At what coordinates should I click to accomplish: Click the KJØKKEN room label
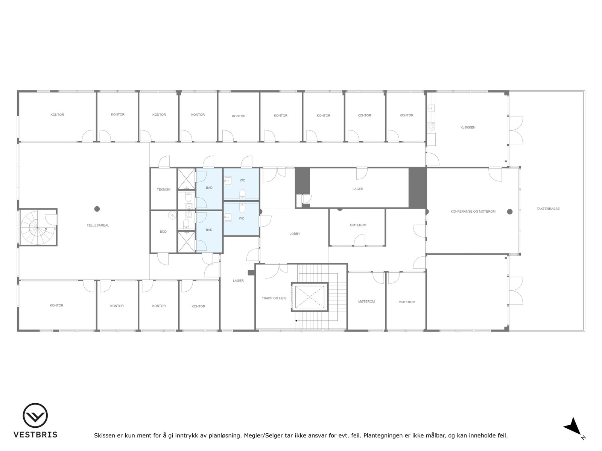(x=468, y=127)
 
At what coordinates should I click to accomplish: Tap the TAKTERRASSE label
(x=548, y=209)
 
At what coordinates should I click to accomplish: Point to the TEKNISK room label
(x=163, y=189)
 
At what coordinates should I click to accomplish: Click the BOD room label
(x=163, y=232)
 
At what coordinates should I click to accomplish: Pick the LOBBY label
(x=295, y=234)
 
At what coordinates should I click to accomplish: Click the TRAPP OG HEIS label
(x=274, y=298)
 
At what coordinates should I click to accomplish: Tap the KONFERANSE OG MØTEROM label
(x=473, y=212)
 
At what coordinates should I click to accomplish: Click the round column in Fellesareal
(x=97, y=209)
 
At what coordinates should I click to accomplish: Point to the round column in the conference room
(x=510, y=212)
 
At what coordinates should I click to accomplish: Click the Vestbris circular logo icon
(x=35, y=415)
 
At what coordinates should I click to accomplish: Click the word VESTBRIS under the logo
(x=35, y=435)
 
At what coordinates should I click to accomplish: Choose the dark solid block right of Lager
(x=417, y=188)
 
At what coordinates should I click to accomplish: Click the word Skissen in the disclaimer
(x=104, y=436)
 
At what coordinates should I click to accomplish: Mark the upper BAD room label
(x=209, y=188)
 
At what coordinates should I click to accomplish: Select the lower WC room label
(x=242, y=218)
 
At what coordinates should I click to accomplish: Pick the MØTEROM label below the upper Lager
(x=358, y=225)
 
